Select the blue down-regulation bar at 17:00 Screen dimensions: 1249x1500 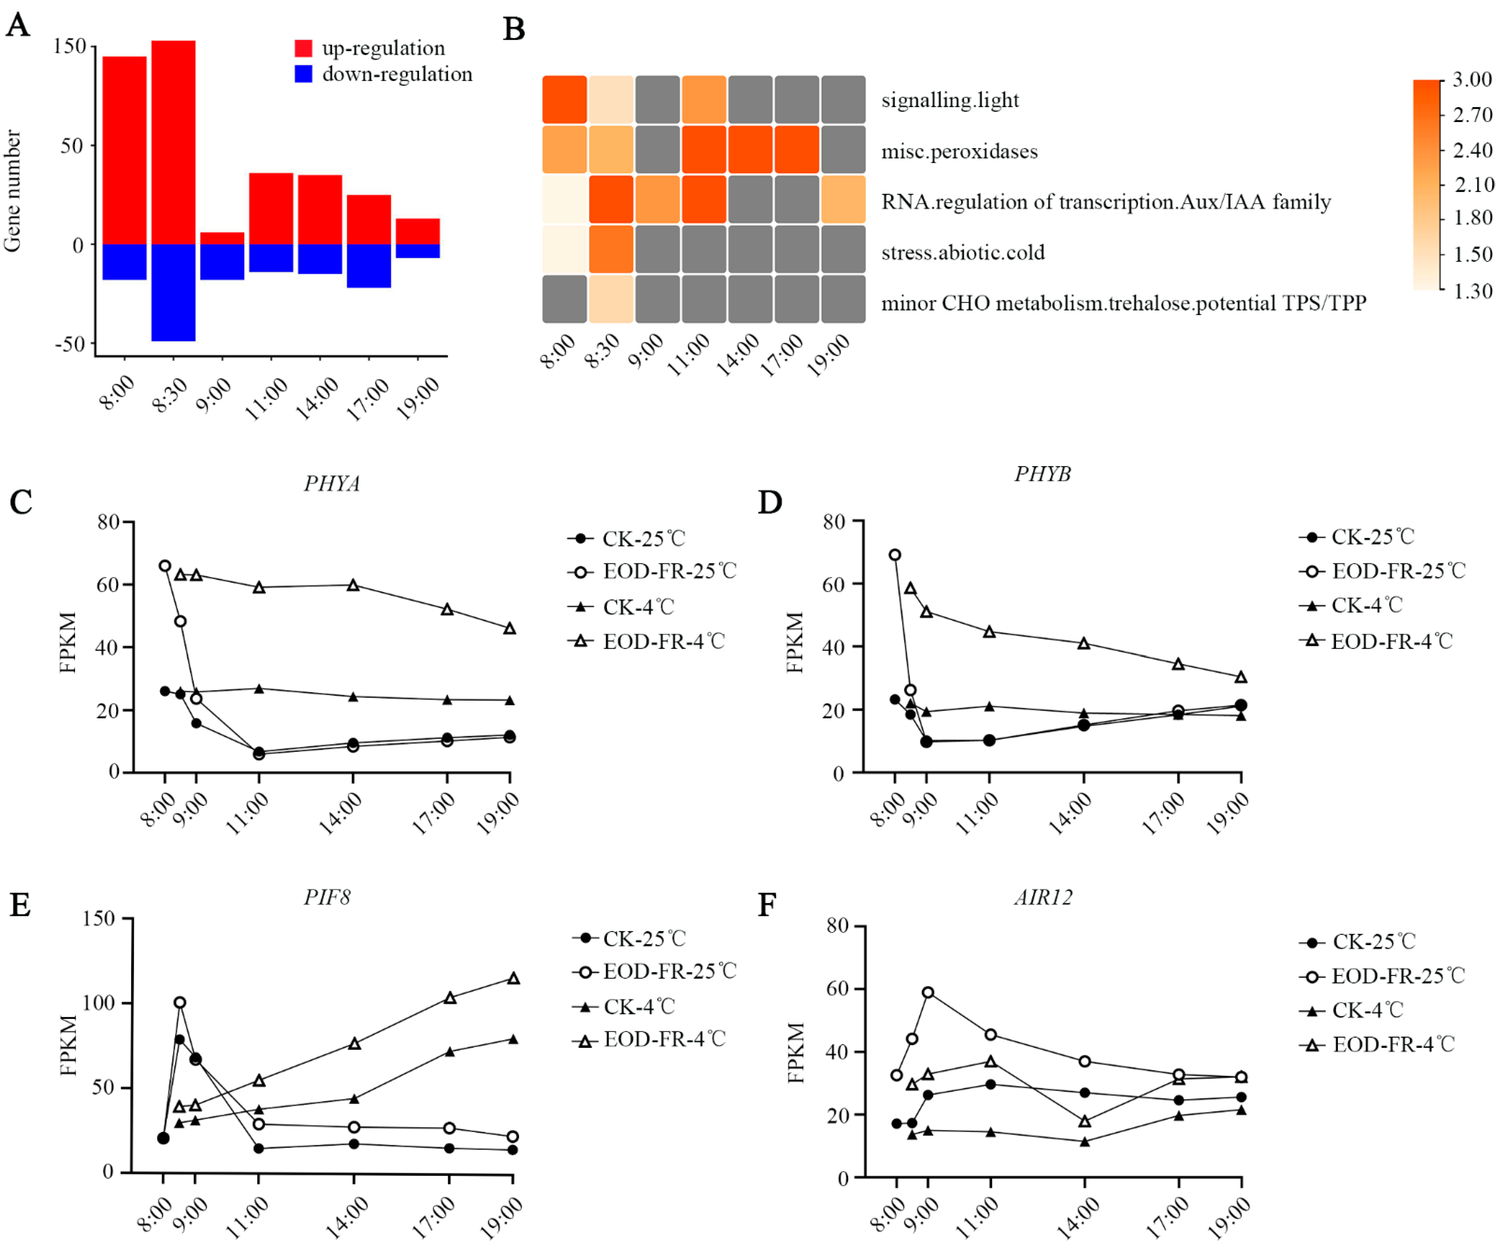click(x=369, y=266)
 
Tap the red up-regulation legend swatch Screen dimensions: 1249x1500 click(x=303, y=48)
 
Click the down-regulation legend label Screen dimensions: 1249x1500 click(x=397, y=74)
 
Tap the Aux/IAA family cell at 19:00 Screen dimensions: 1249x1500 click(x=843, y=199)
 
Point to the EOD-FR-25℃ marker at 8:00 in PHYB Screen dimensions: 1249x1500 click(x=894, y=555)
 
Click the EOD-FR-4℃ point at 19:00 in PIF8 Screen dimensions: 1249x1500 click(x=513, y=978)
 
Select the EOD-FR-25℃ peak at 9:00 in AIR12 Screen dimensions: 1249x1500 click(x=928, y=993)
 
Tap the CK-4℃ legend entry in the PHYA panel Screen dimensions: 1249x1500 click(x=638, y=607)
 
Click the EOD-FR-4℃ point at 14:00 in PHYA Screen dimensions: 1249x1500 click(x=353, y=585)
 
